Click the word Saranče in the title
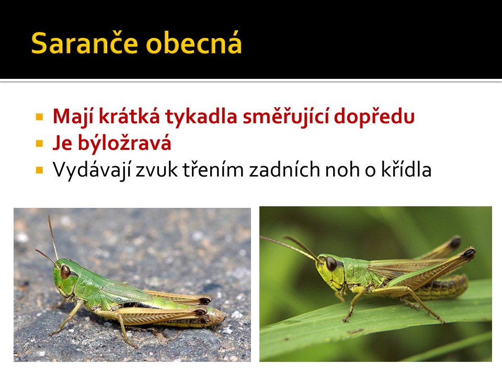pos(85,43)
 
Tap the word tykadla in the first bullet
pos(201,116)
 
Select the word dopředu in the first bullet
pos(374,116)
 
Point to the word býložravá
pos(124,143)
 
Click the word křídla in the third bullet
pos(406,169)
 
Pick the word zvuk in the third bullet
pos(156,169)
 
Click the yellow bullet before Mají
pos(39,116)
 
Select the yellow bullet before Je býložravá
pos(39,143)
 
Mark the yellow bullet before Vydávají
pos(39,170)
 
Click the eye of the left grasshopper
pos(65,271)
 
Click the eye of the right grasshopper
pos(331,264)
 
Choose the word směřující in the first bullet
pos(286,116)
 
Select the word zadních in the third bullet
pos(284,169)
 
